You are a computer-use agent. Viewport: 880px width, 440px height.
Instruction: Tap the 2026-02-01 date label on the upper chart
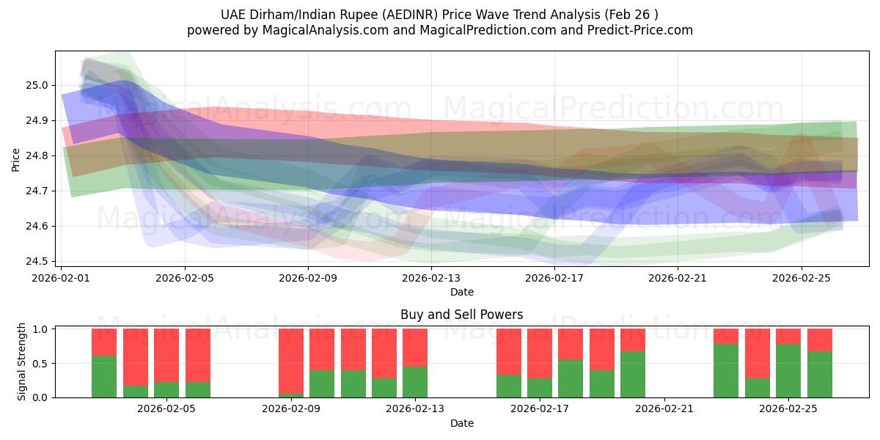[x=61, y=278]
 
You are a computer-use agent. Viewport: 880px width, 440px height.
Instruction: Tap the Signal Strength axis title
[x=22, y=362]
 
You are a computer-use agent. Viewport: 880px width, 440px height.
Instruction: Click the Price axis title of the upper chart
[x=16, y=158]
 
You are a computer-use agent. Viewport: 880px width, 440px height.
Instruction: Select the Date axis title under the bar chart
[x=462, y=423]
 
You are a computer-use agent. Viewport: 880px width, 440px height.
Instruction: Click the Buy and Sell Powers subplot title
[x=462, y=315]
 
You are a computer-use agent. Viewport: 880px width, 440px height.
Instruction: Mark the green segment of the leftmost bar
[x=104, y=376]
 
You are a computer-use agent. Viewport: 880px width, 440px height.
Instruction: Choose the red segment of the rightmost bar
[x=819, y=340]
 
